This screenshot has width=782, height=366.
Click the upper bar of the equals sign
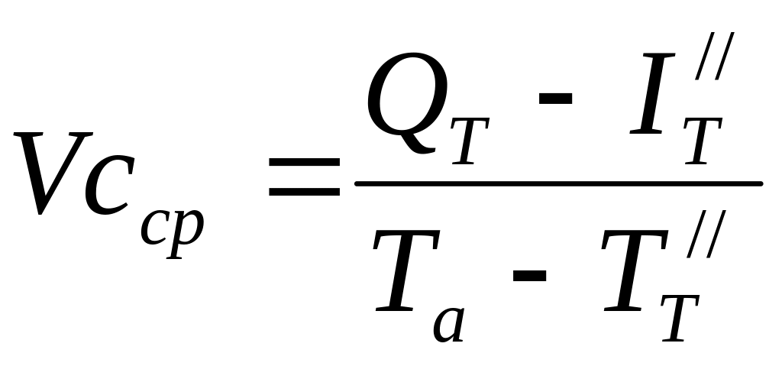pyautogui.click(x=305, y=164)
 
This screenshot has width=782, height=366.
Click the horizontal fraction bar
pyautogui.click(x=558, y=183)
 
